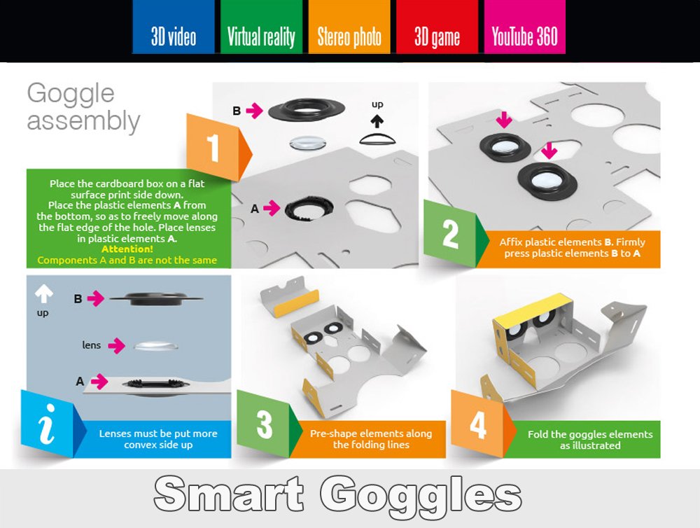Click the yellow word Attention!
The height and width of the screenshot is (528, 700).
127,249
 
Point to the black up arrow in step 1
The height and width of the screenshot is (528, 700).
377,120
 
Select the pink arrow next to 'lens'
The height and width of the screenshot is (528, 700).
117,345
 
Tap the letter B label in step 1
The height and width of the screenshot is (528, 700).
237,110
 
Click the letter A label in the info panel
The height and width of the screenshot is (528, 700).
80,381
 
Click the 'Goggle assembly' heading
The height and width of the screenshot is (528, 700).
83,107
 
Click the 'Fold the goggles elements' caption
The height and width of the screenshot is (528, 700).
589,440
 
